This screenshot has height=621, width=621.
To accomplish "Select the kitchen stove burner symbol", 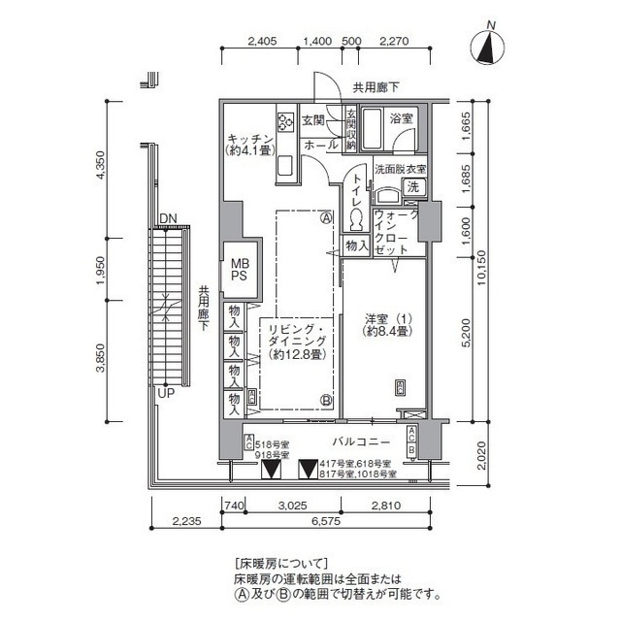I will point(286,122).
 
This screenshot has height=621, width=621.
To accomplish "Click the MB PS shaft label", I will point(238,268).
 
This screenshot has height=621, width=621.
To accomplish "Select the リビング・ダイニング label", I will point(297,342).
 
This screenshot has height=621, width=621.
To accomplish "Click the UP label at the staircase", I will point(166,393).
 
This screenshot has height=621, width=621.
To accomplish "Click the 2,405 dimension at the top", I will point(263,41).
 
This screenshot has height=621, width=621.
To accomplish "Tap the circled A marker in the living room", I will point(327,217).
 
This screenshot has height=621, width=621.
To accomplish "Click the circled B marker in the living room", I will point(327,399).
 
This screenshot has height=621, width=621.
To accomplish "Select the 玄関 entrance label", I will point(312,119).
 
